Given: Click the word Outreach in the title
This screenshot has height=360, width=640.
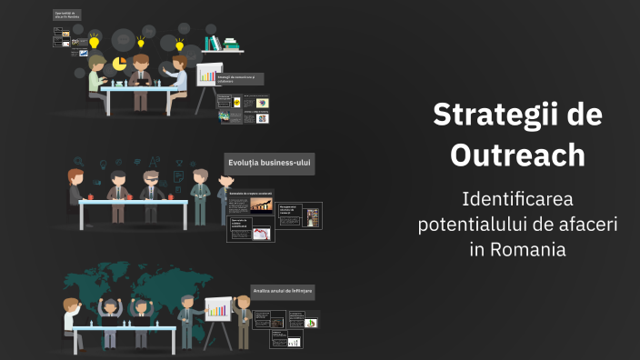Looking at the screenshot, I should [x=517, y=155].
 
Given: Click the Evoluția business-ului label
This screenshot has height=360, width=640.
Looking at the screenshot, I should [x=269, y=164].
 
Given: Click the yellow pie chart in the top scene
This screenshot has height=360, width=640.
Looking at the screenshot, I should [x=119, y=61].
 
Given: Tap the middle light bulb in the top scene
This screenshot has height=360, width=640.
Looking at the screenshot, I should [x=141, y=41].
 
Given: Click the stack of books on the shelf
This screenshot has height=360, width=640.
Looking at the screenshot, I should [x=213, y=43].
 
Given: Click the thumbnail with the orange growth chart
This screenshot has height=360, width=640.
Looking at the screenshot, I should [x=261, y=205].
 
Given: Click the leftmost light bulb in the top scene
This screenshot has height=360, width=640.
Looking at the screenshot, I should [x=94, y=41].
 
